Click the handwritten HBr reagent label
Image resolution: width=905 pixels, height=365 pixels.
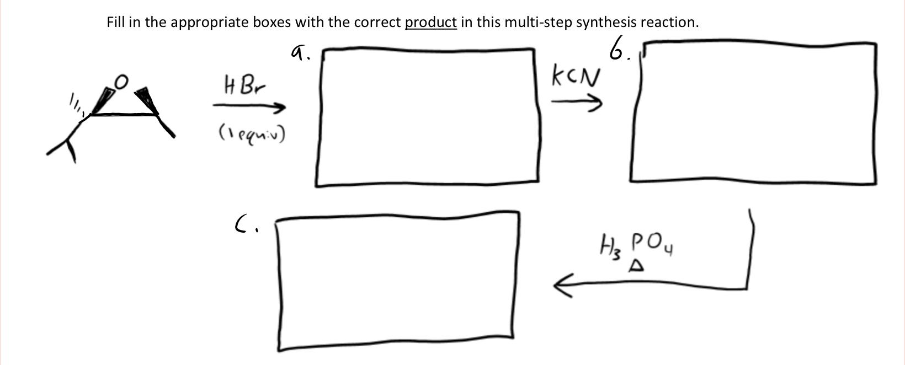coord(244,86)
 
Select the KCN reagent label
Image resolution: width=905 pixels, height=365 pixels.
coord(575,77)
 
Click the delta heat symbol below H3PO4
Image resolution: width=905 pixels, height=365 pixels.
coord(636,266)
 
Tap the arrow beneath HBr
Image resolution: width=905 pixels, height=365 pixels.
coord(249,106)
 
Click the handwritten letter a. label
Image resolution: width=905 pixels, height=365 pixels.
coord(299,52)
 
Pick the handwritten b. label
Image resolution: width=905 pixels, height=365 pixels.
coord(619,50)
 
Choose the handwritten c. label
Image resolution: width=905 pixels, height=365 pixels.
coord(243,223)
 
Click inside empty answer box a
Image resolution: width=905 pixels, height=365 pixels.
coord(427,117)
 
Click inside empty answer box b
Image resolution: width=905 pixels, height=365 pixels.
coord(753,112)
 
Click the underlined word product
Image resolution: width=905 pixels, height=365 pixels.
coord(430,23)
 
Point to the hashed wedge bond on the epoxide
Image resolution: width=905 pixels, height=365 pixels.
coord(77,105)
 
